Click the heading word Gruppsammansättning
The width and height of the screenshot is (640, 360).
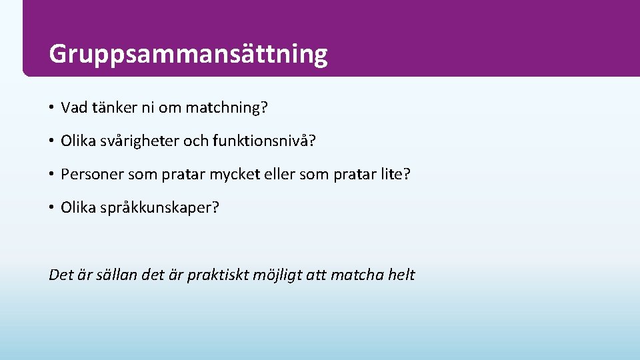click(188, 54)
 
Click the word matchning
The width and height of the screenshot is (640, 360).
click(226, 107)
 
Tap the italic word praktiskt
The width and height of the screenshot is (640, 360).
click(219, 275)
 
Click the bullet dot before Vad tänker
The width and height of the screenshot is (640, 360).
click(51, 107)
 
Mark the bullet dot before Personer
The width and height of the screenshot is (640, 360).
click(51, 175)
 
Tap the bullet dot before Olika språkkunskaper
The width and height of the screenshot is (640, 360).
click(51, 208)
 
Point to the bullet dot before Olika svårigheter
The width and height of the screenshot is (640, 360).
click(51, 141)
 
